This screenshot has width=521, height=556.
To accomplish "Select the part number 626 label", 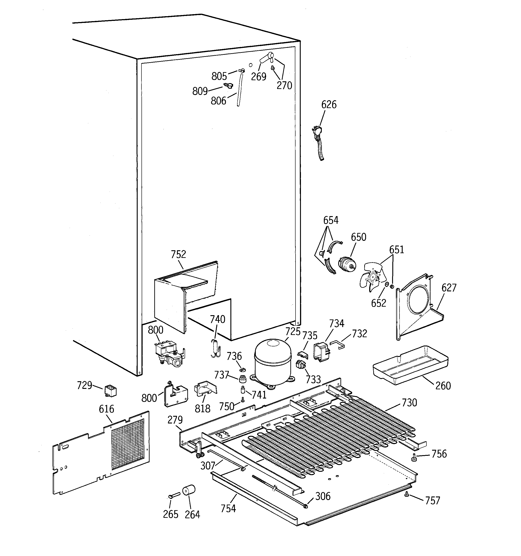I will coord(329,105).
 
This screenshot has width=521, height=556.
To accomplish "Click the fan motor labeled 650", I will coord(347,264).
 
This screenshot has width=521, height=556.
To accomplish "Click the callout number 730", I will coord(409,403).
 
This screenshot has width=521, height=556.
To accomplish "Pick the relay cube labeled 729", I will coord(110,391).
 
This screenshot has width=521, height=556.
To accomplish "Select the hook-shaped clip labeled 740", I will coord(215,348).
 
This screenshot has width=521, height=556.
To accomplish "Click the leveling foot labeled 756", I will coord(414,458).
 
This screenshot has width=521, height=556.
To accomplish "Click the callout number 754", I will coord(228,508).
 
